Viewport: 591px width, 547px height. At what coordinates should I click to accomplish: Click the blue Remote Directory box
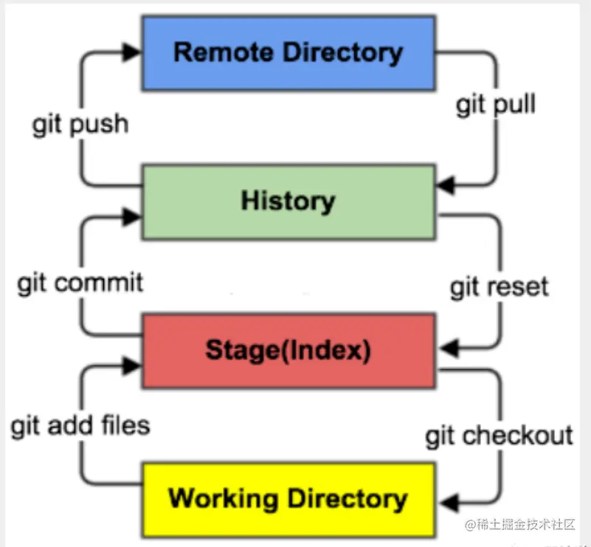(x=288, y=52)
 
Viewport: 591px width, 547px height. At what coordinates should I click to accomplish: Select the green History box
(x=288, y=202)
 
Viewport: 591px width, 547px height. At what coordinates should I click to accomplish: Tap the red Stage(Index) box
(x=288, y=350)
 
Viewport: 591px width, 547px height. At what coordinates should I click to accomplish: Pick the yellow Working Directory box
(x=288, y=499)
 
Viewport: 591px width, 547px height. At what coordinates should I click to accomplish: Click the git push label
(x=80, y=124)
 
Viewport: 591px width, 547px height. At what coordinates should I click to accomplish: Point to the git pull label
(x=495, y=104)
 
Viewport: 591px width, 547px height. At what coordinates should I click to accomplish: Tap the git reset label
(x=500, y=286)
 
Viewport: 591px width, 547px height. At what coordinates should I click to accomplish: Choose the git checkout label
(x=499, y=436)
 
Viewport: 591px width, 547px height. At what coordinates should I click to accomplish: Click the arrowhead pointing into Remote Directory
(x=132, y=51)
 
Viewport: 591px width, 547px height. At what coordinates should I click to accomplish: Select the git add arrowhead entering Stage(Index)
(x=132, y=365)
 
